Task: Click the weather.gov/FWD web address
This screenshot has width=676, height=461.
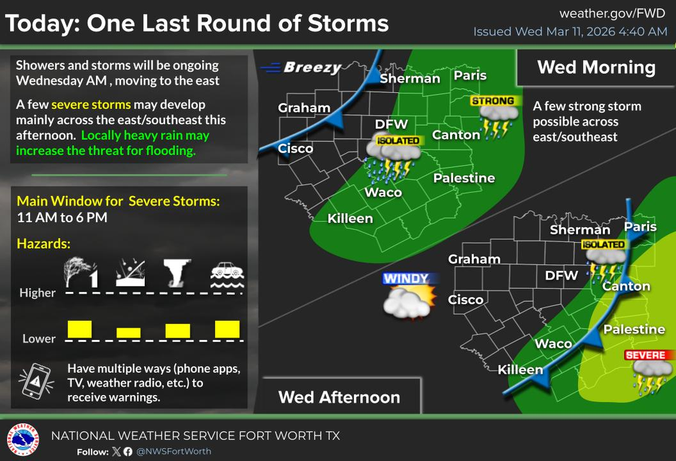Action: (x=613, y=13)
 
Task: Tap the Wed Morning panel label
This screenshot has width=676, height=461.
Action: (x=596, y=67)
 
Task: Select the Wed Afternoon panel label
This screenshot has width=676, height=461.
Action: (x=339, y=397)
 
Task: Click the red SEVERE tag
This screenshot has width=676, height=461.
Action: (x=645, y=355)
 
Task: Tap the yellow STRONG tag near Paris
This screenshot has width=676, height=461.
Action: (x=493, y=101)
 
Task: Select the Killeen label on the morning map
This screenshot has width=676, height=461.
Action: (x=350, y=218)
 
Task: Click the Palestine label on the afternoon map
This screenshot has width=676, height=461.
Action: (x=633, y=329)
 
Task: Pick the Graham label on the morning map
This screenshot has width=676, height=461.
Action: (x=304, y=108)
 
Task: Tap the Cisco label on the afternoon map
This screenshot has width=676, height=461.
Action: (x=465, y=300)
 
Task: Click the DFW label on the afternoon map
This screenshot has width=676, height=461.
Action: (x=561, y=275)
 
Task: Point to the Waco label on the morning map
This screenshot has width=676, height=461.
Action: (x=383, y=192)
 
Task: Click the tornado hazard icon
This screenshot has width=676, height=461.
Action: (x=177, y=273)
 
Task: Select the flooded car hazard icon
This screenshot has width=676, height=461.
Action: (x=227, y=275)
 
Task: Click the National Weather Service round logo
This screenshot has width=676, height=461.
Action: (x=23, y=440)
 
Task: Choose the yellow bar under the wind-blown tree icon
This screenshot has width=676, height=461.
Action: (x=79, y=329)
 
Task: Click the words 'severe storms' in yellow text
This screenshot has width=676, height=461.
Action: (x=91, y=105)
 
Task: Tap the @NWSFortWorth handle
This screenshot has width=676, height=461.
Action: (x=174, y=452)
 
